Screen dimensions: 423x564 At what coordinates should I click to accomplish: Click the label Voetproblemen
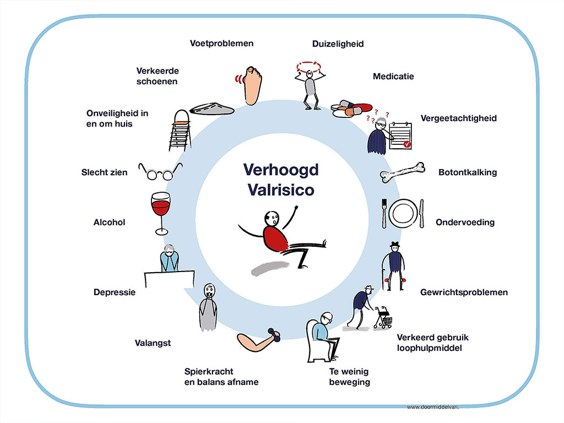222,43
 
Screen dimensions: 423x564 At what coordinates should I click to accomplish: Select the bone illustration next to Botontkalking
402,172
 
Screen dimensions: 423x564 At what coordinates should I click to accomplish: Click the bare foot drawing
251,85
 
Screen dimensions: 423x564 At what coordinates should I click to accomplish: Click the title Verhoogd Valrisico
281,180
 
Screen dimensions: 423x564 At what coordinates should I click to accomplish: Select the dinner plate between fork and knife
403,213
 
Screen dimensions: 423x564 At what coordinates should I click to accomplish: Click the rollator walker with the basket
383,317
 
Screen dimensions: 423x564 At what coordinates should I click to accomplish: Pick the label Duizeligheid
338,44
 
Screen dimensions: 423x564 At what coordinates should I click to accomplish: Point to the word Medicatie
393,76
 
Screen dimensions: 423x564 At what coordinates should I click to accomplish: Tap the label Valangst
153,343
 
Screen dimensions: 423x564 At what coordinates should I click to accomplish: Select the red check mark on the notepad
407,144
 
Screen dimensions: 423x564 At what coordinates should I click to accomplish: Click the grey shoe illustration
212,109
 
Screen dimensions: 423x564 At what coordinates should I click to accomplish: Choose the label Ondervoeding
465,223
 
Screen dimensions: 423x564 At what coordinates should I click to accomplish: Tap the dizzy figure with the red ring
310,85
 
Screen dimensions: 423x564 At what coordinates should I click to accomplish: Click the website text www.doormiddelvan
433,407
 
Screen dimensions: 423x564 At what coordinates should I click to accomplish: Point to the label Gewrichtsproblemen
464,292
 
